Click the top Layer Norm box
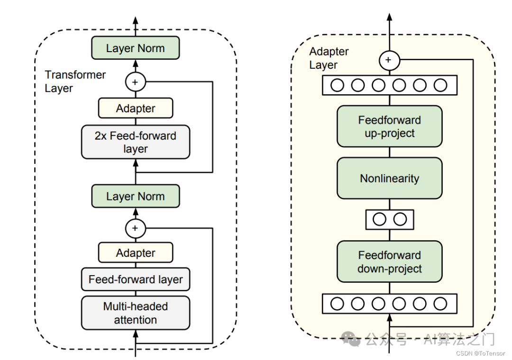point(136,48)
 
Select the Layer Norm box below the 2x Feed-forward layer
point(136,196)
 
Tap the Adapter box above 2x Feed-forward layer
point(136,108)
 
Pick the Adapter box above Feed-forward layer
point(136,252)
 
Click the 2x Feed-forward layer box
point(136,142)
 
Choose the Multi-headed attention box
point(136,313)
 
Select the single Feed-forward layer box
point(136,279)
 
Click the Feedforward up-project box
point(390,126)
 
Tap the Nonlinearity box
point(390,178)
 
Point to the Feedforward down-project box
point(390,261)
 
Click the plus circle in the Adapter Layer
point(389,60)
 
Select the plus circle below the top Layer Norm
point(136,82)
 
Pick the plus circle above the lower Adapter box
point(136,228)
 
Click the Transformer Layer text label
point(75,81)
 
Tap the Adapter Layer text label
point(329,58)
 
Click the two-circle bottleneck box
point(390,219)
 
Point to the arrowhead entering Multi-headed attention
point(136,333)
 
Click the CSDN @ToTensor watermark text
point(480,353)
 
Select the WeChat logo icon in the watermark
point(350,339)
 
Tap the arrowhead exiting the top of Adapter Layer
point(389,17)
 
